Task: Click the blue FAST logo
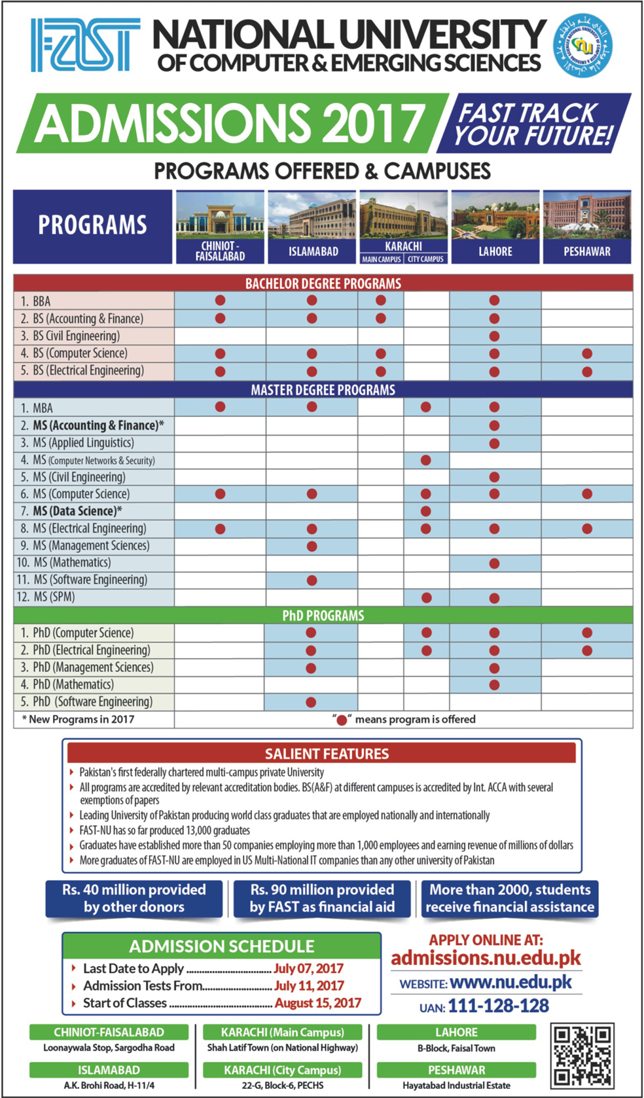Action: click(x=85, y=44)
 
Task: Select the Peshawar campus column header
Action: click(x=587, y=227)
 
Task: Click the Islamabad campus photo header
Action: click(x=312, y=227)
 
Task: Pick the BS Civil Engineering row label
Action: click(x=77, y=336)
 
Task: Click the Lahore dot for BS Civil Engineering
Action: click(x=494, y=336)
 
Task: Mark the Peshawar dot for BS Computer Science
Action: click(x=587, y=353)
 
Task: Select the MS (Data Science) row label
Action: click(x=77, y=511)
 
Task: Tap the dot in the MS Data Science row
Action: click(x=426, y=511)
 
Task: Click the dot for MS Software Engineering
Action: click(x=312, y=580)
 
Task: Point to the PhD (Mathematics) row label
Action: click(x=73, y=684)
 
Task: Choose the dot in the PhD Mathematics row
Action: click(x=494, y=685)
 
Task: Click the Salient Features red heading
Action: click(x=321, y=753)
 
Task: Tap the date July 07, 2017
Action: click(x=308, y=968)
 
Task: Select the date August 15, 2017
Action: click(x=317, y=1003)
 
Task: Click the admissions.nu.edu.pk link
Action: click(x=486, y=959)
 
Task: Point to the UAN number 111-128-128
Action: click(x=499, y=1006)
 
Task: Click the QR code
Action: click(x=582, y=1055)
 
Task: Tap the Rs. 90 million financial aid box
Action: click(x=322, y=898)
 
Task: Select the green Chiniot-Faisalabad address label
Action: click(x=109, y=1032)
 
